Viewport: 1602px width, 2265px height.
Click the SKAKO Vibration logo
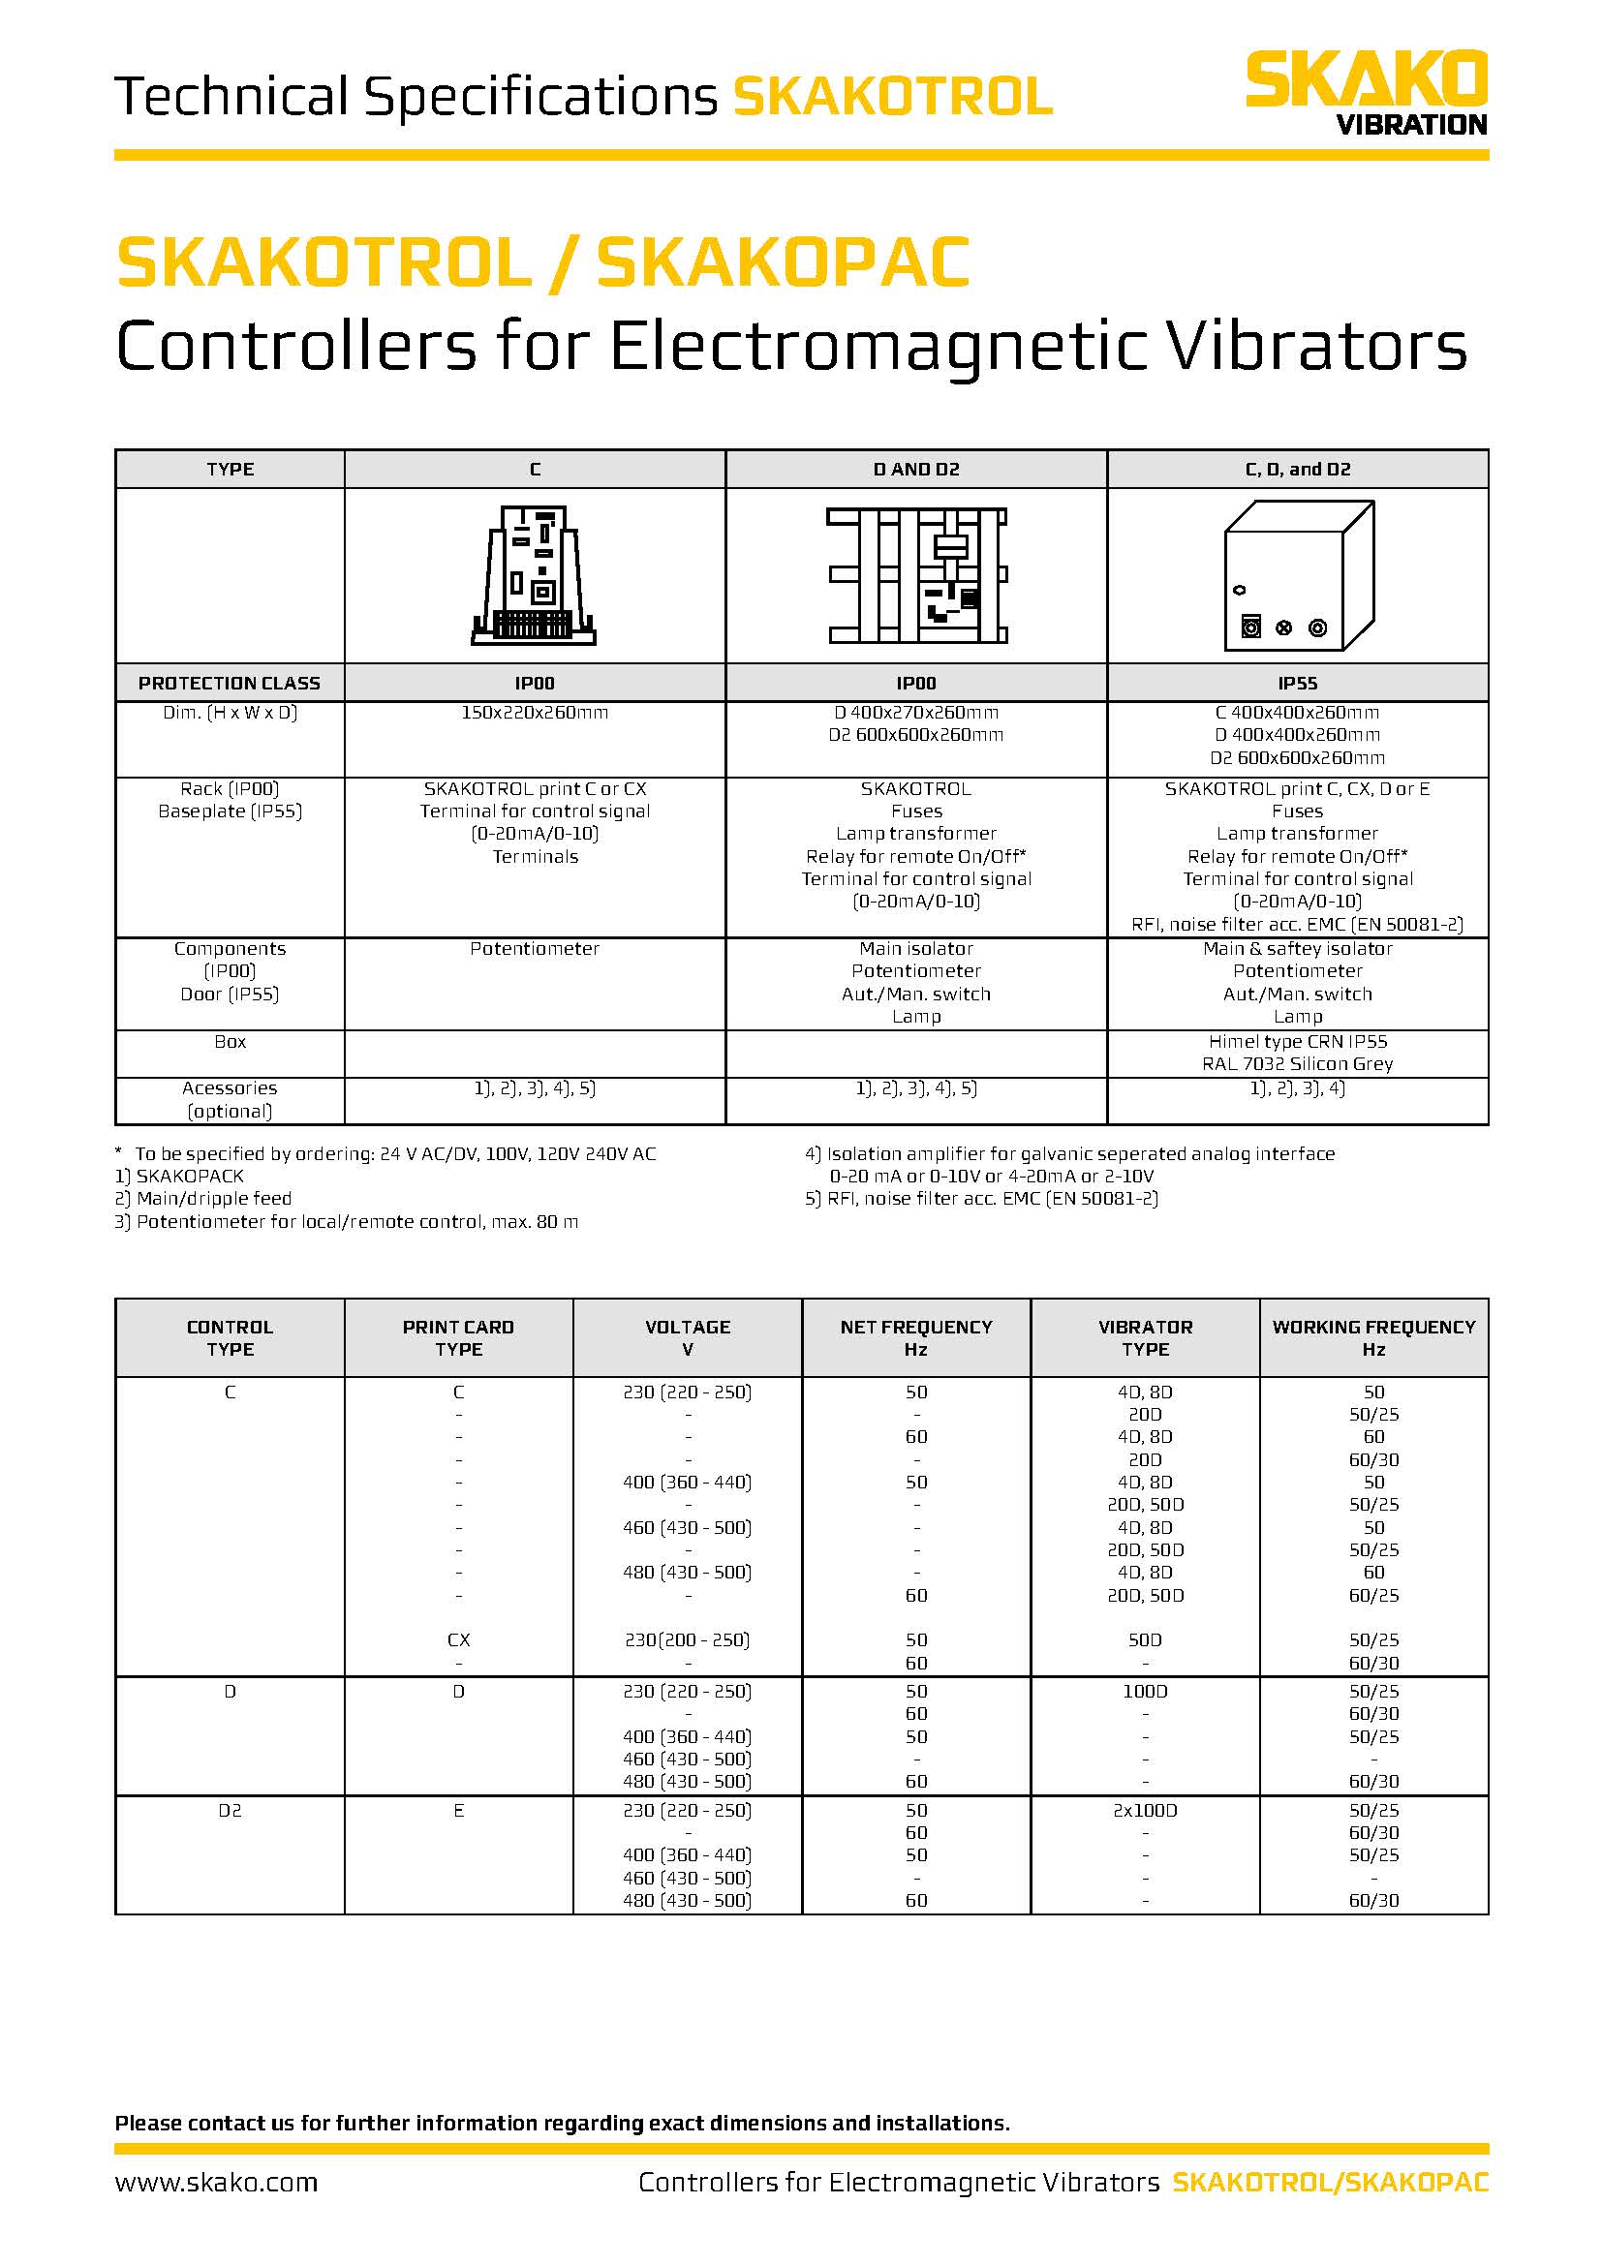1366,92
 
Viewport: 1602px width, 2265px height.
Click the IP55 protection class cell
1297,683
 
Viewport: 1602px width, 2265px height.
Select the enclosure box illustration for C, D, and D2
1297,576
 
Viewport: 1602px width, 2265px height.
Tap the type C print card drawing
535,576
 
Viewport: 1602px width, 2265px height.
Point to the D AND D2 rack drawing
916,576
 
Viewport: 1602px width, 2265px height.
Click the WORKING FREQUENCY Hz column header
1373,1337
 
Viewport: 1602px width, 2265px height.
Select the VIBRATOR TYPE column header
1144,1337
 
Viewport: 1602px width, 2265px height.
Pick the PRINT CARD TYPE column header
458,1337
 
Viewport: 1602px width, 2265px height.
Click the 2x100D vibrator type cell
1144,1810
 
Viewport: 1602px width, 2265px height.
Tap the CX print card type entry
458,1639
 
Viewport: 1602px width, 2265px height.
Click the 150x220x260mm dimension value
535,713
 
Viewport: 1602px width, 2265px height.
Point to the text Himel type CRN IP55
1297,1042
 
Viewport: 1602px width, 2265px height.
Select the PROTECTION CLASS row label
229,683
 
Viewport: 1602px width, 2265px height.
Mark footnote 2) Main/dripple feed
204,1199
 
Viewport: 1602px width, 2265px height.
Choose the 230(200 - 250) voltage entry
687,1639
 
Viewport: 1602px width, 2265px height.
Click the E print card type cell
458,1810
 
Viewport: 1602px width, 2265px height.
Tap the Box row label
229,1042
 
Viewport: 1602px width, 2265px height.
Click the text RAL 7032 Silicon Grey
1297,1063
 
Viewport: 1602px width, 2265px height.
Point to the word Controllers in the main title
296,348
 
